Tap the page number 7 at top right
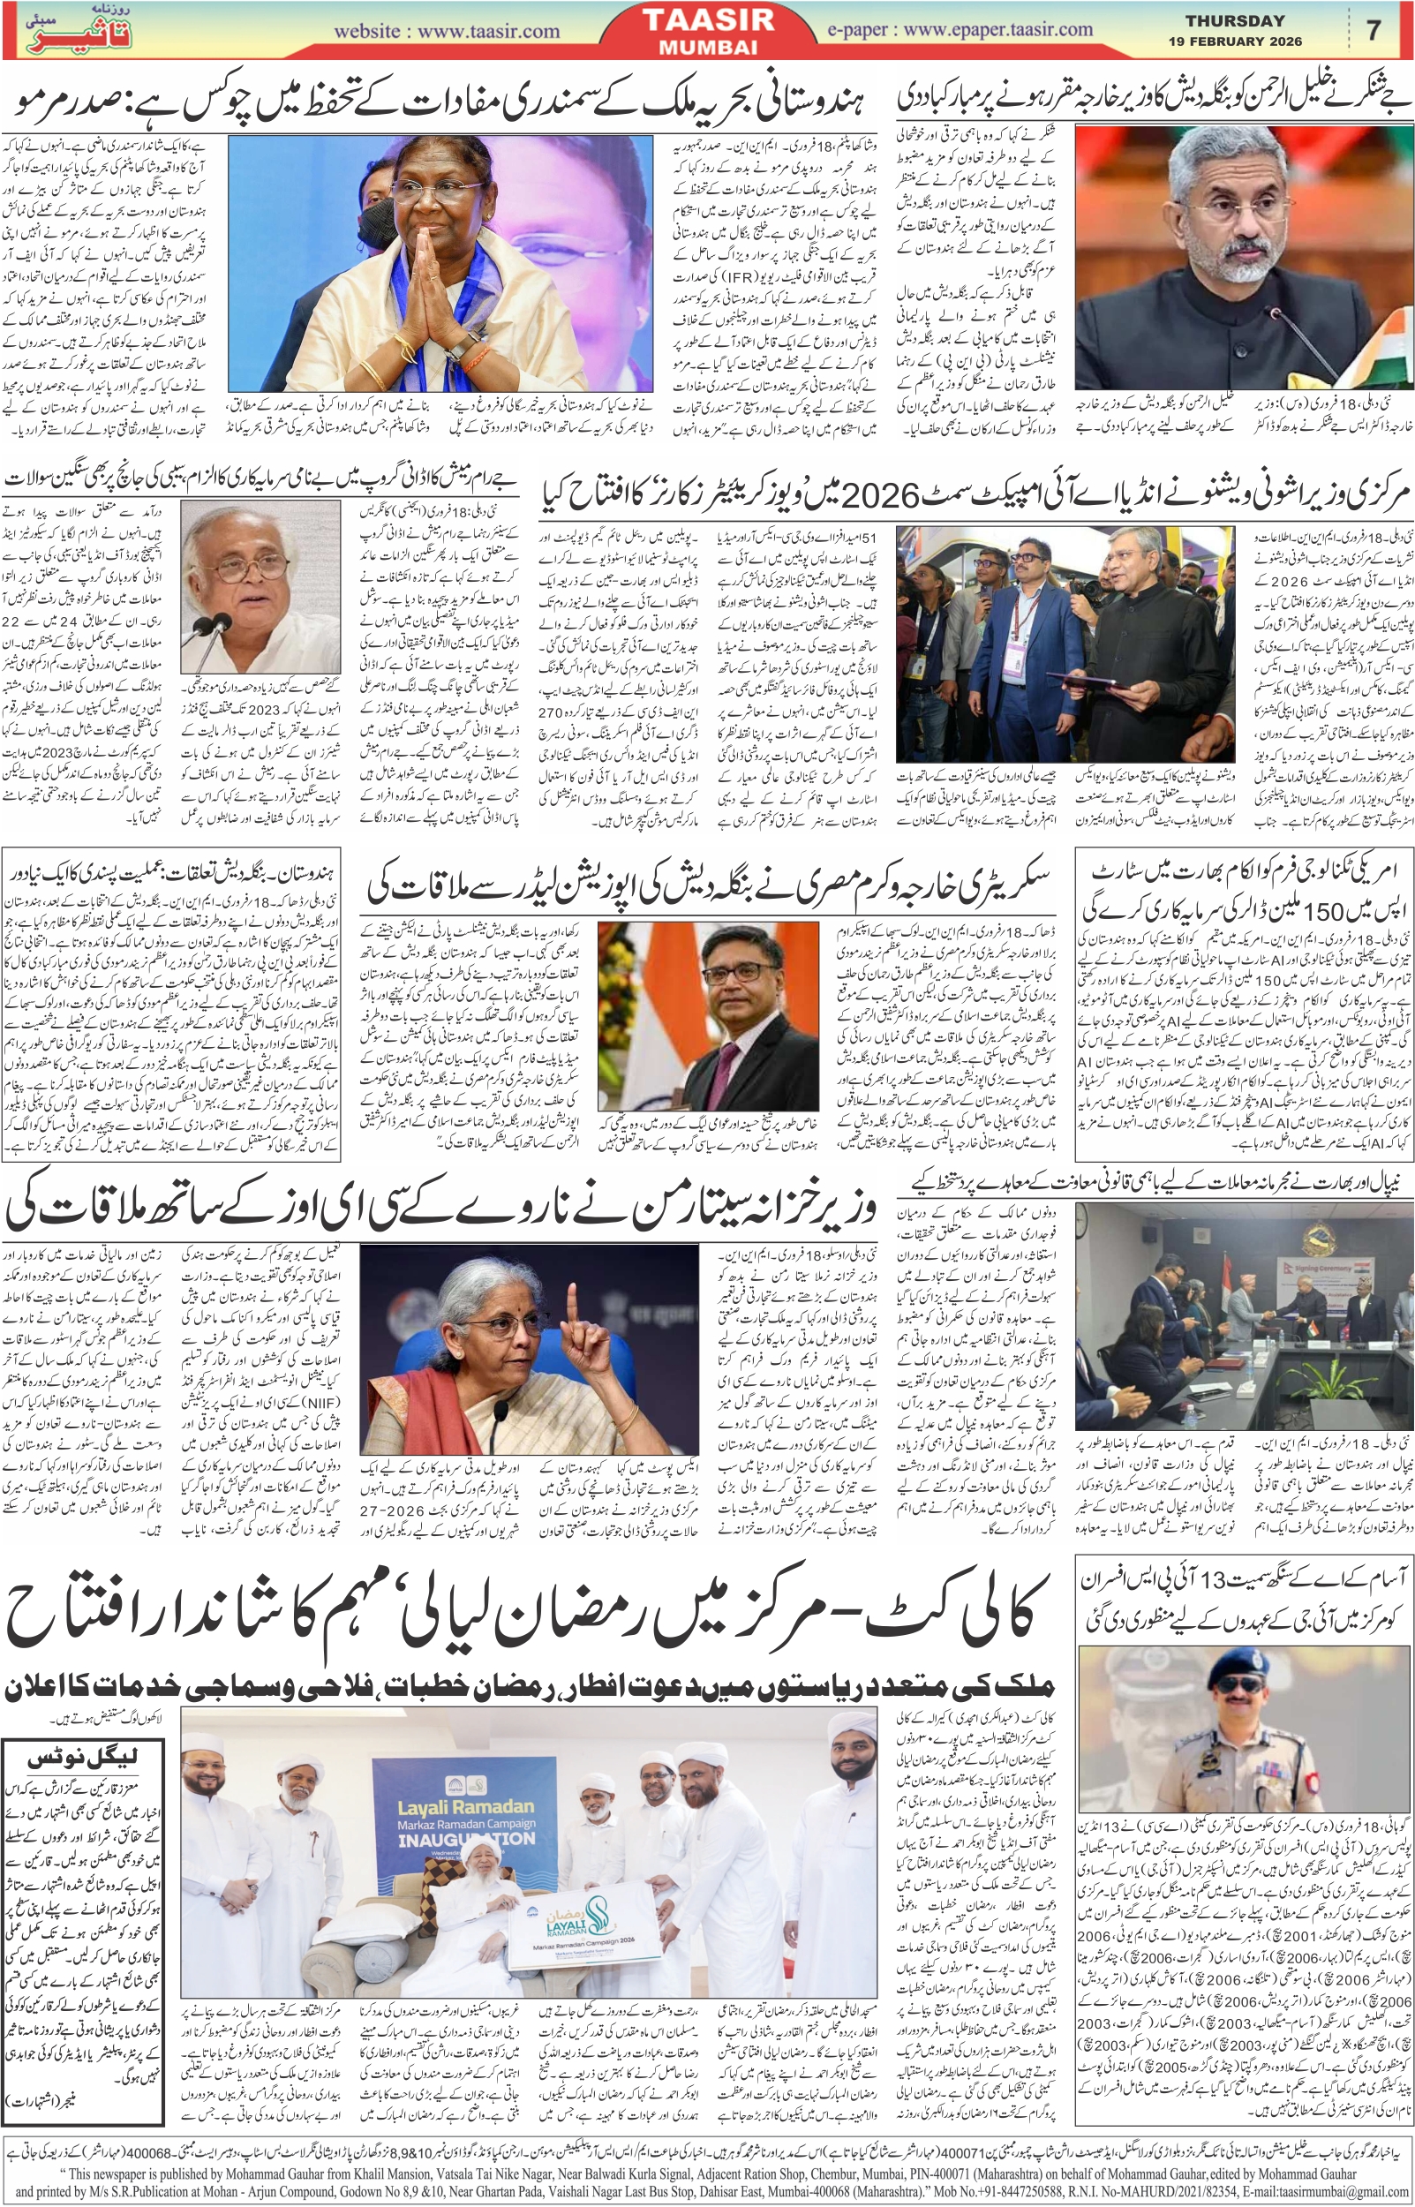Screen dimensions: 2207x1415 click(x=1373, y=30)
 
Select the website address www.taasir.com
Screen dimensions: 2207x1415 click(x=447, y=31)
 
